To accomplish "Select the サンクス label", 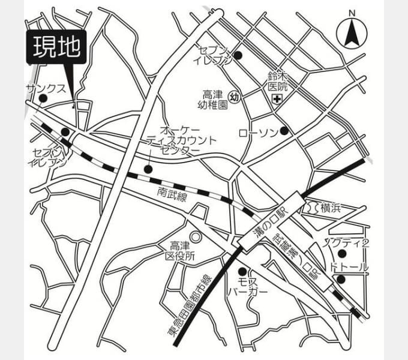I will coord(46,88).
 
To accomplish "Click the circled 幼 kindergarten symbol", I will coord(235,97).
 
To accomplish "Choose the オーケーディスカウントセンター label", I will coord(181,140).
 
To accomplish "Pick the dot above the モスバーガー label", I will coord(242,271).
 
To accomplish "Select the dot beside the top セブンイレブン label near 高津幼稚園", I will coord(238,56).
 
